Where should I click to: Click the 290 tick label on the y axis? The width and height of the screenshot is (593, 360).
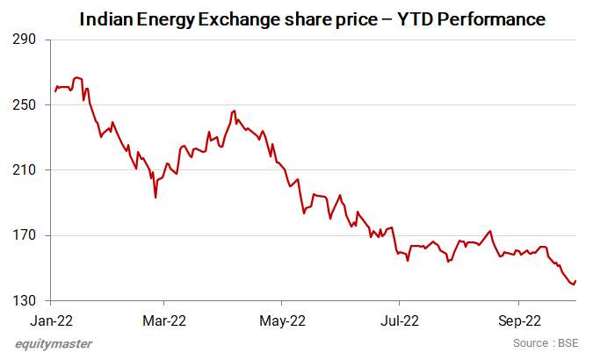tap(25, 40)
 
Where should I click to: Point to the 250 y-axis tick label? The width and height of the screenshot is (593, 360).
tap(25, 104)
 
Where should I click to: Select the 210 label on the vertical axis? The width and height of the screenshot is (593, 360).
tap(25, 169)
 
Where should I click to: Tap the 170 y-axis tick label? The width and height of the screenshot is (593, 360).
tap(25, 235)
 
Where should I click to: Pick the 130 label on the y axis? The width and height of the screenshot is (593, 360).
tap(25, 300)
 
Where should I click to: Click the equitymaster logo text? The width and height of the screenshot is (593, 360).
tap(54, 343)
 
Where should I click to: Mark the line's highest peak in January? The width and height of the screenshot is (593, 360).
tap(76, 77)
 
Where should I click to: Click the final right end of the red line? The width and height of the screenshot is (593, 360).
tap(575, 280)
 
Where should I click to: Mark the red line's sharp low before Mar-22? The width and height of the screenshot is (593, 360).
tap(155, 198)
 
